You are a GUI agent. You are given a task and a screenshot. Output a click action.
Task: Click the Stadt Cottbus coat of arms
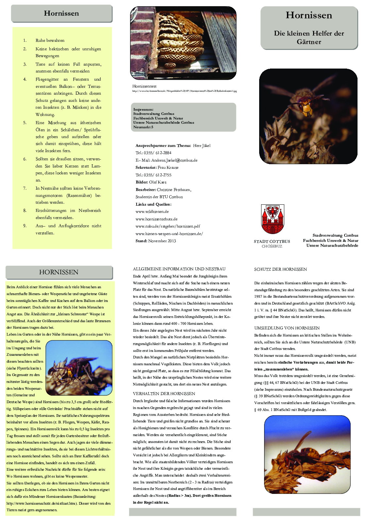click(x=273, y=219)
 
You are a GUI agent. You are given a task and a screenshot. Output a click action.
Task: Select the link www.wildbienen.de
click(x=152, y=212)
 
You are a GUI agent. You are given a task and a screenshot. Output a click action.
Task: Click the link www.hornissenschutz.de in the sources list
click(x=157, y=219)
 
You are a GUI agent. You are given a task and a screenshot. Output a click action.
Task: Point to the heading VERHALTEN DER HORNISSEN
click(x=164, y=394)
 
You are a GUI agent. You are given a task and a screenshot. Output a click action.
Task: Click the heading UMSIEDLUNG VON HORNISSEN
click(x=287, y=328)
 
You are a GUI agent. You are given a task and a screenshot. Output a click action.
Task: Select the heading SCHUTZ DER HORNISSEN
click(x=280, y=269)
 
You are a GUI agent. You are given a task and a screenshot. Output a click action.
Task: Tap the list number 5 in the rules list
click(x=25, y=123)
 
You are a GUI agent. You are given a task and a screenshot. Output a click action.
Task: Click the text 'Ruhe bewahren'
click(x=50, y=40)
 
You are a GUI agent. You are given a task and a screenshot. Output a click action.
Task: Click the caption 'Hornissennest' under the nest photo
click(x=144, y=86)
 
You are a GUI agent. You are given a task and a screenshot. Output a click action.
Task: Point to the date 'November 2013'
click(x=162, y=241)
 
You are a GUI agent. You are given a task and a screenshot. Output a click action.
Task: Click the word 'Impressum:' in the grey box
click(x=143, y=109)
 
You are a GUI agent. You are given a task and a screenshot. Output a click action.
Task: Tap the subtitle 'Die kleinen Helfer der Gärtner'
click(x=309, y=37)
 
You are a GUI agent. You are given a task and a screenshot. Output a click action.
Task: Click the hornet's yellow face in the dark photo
click(x=306, y=108)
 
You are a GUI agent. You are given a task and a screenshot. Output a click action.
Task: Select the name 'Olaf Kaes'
click(x=158, y=182)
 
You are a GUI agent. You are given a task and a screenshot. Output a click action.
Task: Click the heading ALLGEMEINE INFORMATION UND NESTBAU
click(x=179, y=269)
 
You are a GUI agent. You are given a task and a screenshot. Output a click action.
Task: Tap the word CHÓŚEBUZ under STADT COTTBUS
click(x=272, y=246)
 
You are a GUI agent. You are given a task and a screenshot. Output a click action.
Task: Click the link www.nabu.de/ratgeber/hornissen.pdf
click(x=168, y=226)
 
